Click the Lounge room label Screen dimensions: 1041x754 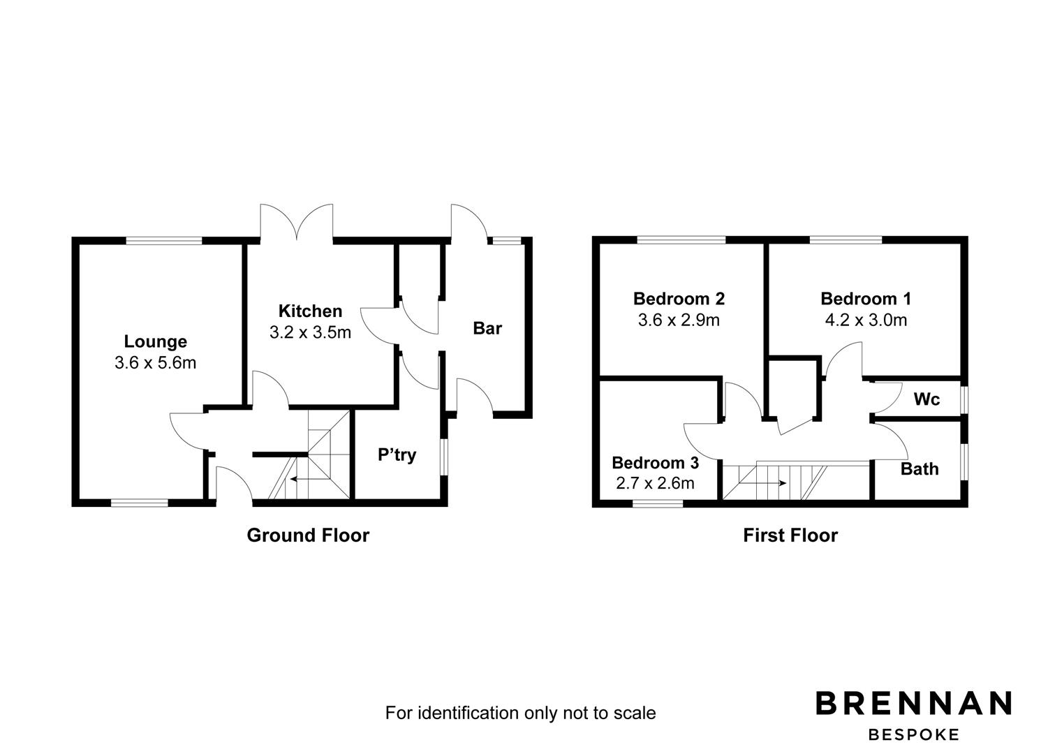point(155,342)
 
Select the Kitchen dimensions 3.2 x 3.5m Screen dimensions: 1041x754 point(310,332)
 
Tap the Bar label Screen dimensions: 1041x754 point(487,328)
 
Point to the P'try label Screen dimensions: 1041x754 point(397,454)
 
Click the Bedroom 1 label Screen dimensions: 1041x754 point(865,299)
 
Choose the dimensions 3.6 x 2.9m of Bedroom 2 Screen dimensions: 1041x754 point(679,320)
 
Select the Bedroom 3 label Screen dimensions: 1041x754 point(656,463)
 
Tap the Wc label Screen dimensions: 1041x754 point(926,399)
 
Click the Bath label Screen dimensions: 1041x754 point(920,469)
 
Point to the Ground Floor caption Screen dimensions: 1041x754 point(308,535)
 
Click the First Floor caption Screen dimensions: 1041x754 point(790,535)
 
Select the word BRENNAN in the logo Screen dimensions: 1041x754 point(914,703)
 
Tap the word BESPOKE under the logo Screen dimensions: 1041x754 point(914,734)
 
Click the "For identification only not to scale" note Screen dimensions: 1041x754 point(521,713)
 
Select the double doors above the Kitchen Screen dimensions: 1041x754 point(297,223)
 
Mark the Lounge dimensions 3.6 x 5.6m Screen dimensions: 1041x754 point(155,363)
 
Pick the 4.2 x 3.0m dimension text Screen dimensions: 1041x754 point(866,320)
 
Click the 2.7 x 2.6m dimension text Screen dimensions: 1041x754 point(656,484)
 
